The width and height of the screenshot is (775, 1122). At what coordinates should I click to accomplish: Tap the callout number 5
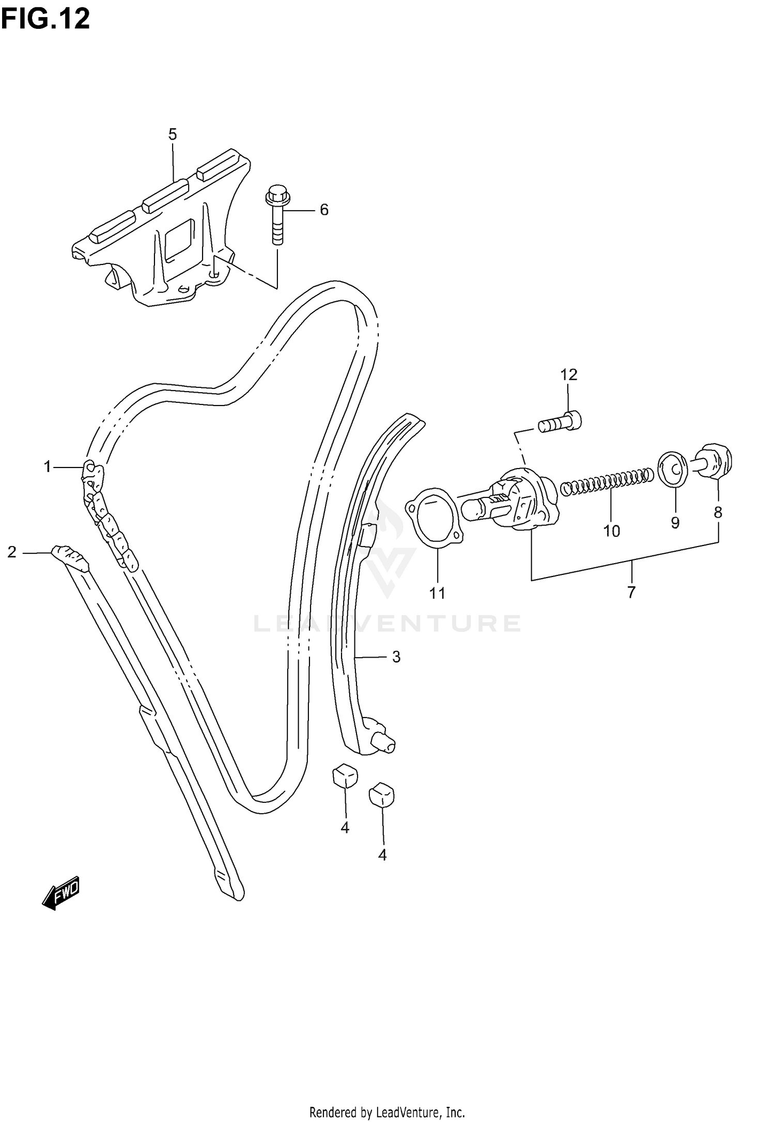point(173,135)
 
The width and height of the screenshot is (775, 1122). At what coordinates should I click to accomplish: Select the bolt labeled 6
point(277,216)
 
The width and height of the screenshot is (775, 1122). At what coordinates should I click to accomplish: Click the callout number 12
point(568,375)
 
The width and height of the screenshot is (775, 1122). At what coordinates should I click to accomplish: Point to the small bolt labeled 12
point(561,422)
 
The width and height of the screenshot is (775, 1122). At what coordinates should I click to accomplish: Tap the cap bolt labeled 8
point(716,459)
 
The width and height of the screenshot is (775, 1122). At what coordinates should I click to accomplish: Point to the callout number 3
point(396,657)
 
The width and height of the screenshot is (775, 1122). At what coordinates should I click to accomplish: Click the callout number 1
point(48,467)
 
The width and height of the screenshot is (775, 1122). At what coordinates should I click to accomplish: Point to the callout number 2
point(12,552)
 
